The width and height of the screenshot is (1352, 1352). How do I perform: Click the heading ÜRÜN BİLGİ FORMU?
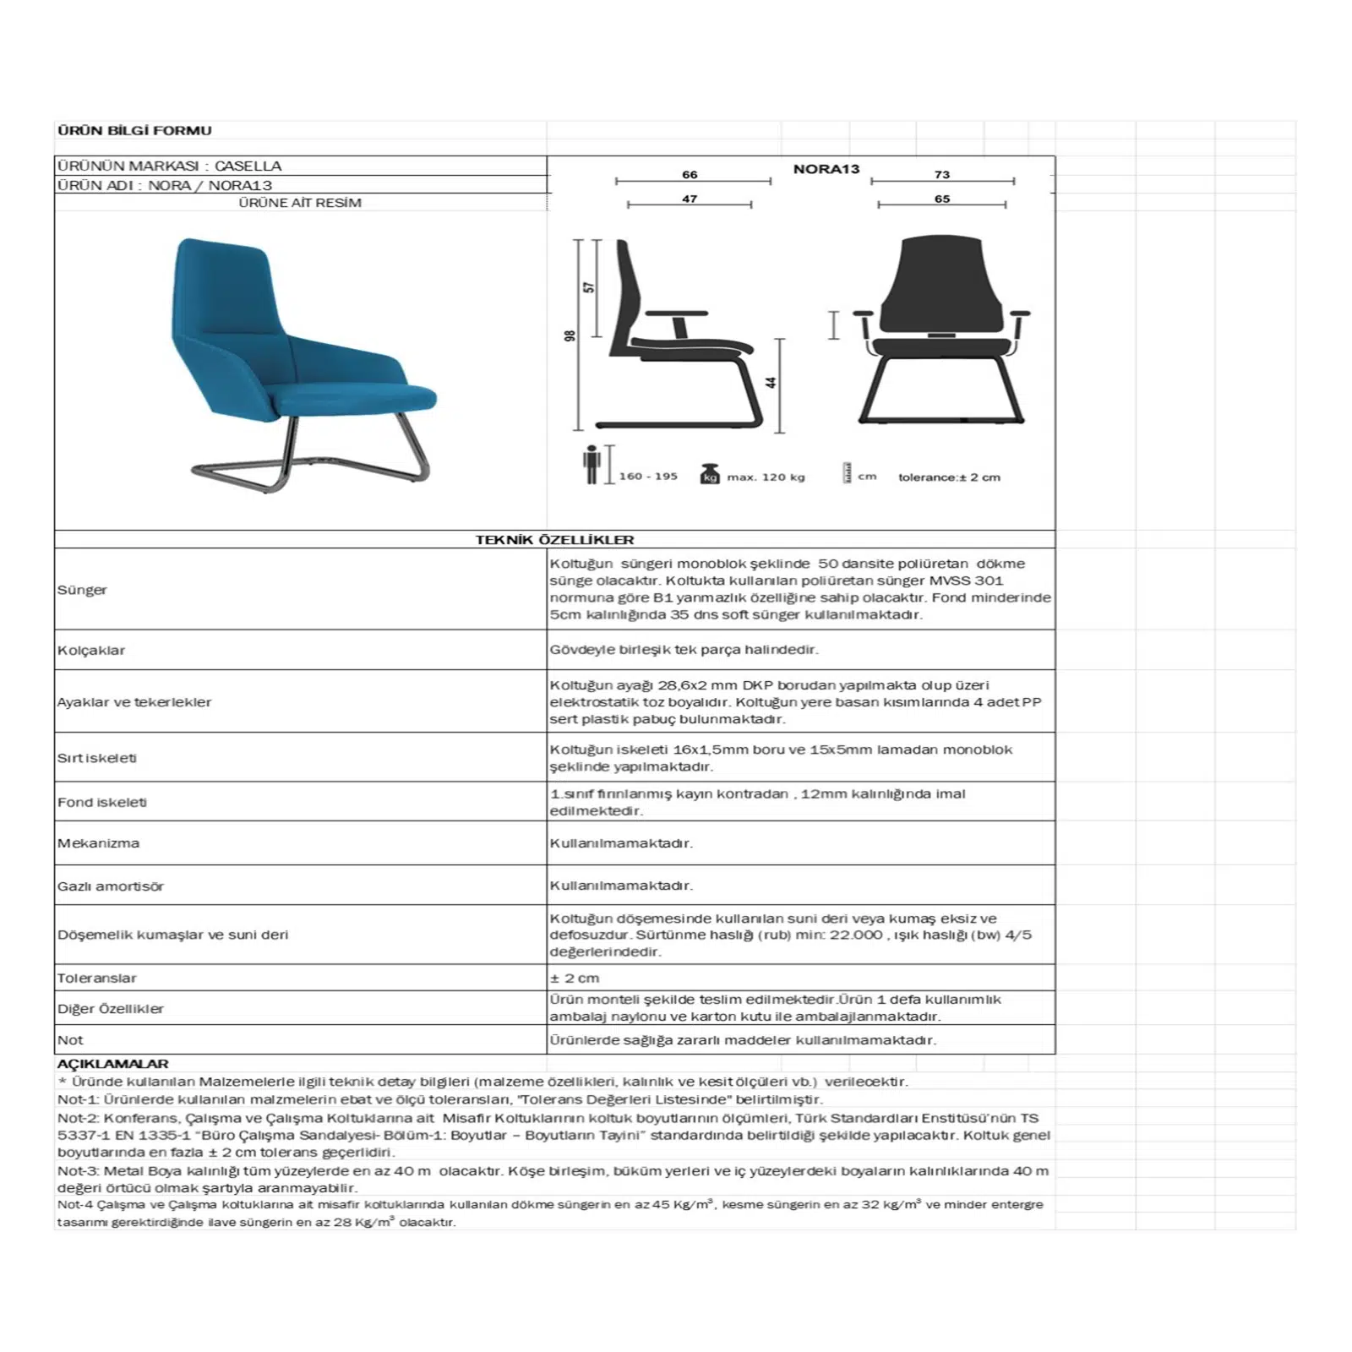click(134, 131)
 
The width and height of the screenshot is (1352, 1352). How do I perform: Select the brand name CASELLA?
click(248, 166)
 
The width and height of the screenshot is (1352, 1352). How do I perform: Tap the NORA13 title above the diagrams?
click(826, 169)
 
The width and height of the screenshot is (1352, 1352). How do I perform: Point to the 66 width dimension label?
click(690, 175)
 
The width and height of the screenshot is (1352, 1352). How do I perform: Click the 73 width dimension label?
click(941, 175)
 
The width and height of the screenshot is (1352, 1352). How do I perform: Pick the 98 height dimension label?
click(570, 335)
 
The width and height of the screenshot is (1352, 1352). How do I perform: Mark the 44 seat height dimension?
click(771, 382)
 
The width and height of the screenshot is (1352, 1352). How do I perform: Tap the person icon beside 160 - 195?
click(591, 465)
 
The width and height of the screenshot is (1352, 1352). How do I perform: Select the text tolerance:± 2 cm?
click(949, 477)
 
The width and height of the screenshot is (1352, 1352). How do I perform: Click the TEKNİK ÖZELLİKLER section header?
click(554, 540)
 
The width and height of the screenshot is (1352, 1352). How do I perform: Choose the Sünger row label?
click(82, 590)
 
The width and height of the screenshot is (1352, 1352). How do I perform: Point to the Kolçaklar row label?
click(91, 651)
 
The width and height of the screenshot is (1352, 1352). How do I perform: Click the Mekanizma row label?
click(98, 843)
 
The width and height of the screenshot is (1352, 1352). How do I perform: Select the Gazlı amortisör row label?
click(111, 886)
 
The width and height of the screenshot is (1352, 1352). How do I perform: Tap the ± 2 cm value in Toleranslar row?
click(575, 979)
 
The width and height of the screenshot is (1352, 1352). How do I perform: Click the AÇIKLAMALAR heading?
click(113, 1064)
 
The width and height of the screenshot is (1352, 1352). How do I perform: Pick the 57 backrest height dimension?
click(589, 287)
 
